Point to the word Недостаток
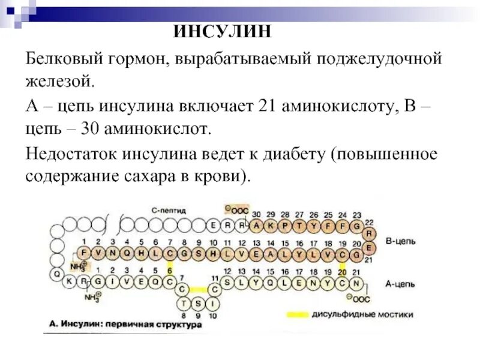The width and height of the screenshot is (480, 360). (x=70, y=154)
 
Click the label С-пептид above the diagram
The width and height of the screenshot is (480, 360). (x=169, y=211)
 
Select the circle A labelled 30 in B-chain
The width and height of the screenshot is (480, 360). (x=256, y=226)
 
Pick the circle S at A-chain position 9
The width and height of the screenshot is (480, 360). (x=199, y=302)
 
